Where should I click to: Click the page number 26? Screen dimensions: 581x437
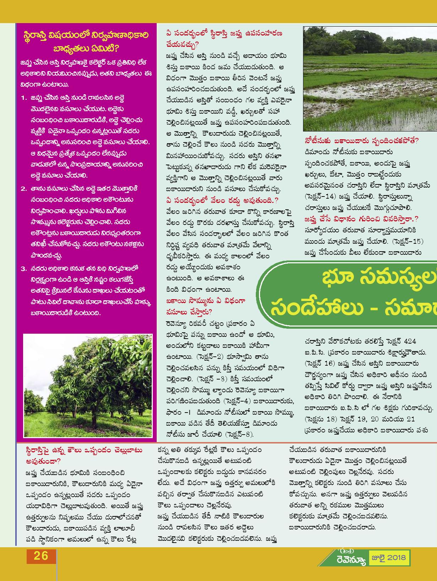point(41,555)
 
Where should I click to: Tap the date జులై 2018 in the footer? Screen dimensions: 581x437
point(389,558)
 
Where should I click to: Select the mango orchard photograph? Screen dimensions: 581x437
point(88,385)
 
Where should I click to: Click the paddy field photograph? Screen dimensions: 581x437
point(369,79)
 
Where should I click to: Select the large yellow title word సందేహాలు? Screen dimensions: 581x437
point(314,306)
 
